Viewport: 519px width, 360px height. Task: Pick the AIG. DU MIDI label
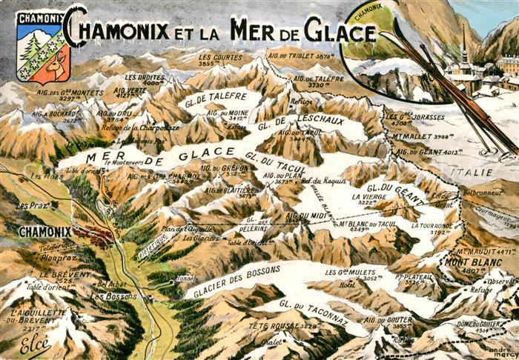(308, 216)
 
